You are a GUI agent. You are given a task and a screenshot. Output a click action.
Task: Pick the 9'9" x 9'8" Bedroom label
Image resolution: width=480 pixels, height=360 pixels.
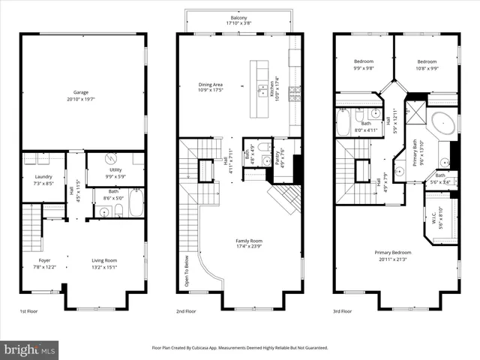click(x=364, y=64)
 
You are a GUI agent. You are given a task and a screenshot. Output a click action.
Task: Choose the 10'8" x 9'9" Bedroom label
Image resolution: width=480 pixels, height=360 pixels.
click(x=427, y=64)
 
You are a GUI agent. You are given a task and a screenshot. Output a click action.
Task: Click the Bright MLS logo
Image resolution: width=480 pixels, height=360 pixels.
click(x=30, y=349)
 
